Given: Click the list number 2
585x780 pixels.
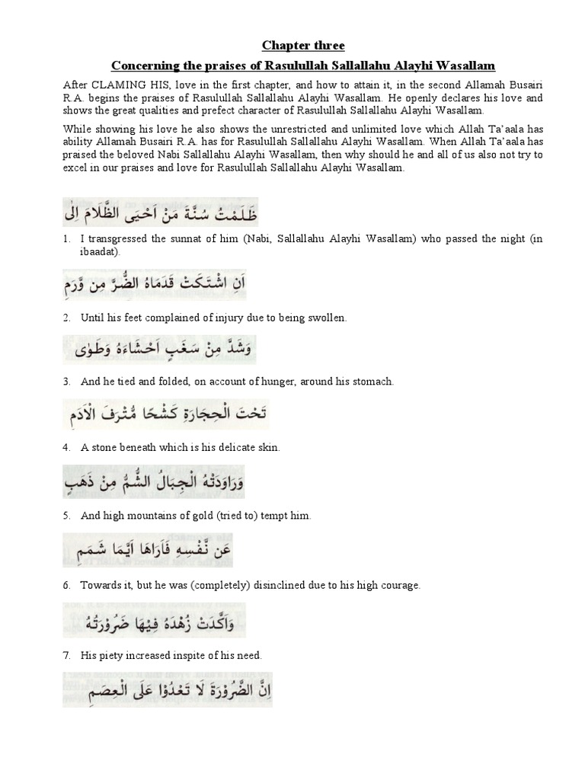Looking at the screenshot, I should [x=68, y=317].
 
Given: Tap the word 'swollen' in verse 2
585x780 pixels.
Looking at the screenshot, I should [x=330, y=317].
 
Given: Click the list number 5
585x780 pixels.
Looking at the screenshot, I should [x=68, y=516].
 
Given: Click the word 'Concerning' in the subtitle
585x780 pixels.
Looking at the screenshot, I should [x=139, y=66].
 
